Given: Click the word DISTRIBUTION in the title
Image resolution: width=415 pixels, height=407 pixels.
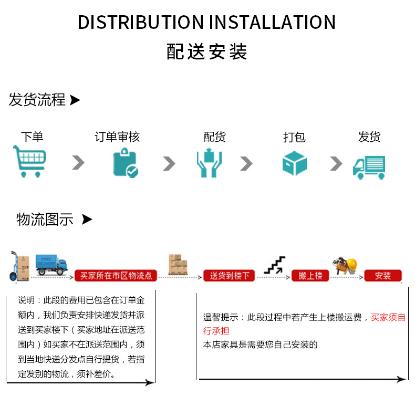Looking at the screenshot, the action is pyautogui.click(x=141, y=22).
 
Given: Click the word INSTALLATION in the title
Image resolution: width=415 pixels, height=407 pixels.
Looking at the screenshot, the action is pyautogui.click(x=273, y=22).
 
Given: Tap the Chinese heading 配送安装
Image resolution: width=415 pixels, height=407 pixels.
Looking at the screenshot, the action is pyautogui.click(x=206, y=51).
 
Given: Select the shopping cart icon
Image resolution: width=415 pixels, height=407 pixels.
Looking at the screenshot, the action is pyautogui.click(x=29, y=161).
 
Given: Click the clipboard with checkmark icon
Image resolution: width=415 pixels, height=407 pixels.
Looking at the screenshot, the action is pyautogui.click(x=126, y=163).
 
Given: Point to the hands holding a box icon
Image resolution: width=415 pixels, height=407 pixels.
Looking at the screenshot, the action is pyautogui.click(x=209, y=163).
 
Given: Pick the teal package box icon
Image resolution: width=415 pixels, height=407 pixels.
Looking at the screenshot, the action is pyautogui.click(x=295, y=163).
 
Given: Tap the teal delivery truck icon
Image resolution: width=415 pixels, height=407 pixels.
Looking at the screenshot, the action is pyautogui.click(x=369, y=167).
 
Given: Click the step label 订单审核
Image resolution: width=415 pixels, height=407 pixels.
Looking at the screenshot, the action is pyautogui.click(x=117, y=137).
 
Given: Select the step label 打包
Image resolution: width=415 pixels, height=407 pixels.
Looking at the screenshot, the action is pyautogui.click(x=294, y=137).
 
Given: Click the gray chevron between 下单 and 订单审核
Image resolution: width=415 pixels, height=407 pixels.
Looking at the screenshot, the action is pyautogui.click(x=78, y=162).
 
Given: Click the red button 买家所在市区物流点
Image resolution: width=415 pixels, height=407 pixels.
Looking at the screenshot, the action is pyautogui.click(x=116, y=276).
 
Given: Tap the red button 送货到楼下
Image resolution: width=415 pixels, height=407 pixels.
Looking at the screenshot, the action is pyautogui.click(x=229, y=276).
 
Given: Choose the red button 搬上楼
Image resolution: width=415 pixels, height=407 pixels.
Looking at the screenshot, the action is pyautogui.click(x=310, y=276).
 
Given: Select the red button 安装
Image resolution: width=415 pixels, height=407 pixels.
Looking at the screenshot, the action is pyautogui.click(x=383, y=276).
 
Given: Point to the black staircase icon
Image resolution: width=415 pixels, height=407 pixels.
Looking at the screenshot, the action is pyautogui.click(x=275, y=265).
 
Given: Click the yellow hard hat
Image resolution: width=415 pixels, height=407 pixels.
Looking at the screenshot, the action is pyautogui.click(x=352, y=265).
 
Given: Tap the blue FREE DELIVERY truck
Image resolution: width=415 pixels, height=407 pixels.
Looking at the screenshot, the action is pyautogui.click(x=51, y=265).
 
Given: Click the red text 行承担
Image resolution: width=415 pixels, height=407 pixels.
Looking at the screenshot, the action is pyautogui.click(x=216, y=331).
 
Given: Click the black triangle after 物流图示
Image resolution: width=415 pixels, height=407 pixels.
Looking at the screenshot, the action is pyautogui.click(x=87, y=220).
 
